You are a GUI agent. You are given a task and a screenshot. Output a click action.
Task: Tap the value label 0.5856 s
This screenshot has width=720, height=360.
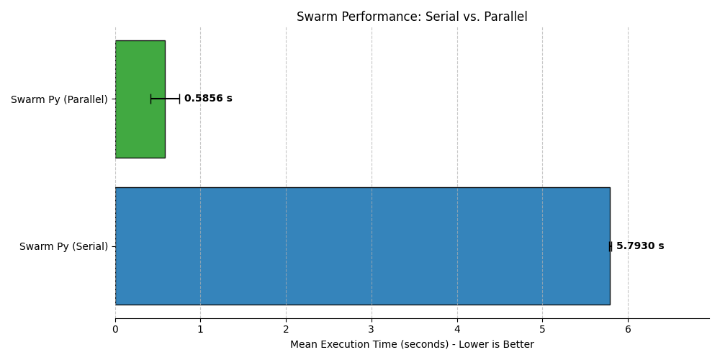(208, 99)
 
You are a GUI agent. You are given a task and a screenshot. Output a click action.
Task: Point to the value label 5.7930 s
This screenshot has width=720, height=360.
(640, 246)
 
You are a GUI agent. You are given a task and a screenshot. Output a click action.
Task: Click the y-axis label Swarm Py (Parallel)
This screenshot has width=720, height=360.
(59, 99)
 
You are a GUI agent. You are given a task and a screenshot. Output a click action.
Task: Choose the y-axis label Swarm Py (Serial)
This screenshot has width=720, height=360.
(63, 246)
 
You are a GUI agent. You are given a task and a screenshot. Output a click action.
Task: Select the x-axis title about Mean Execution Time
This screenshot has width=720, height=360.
(412, 345)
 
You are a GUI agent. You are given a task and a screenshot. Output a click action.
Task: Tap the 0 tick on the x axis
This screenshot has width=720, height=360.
(115, 330)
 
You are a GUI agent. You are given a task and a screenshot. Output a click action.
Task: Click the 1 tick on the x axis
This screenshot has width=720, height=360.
(200, 330)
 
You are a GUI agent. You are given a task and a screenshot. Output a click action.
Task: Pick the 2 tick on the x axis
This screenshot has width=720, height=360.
(286, 330)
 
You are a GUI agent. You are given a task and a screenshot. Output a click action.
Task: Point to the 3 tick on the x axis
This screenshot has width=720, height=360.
(372, 330)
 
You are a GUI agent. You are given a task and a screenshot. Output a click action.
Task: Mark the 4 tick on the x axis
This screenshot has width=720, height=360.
(457, 330)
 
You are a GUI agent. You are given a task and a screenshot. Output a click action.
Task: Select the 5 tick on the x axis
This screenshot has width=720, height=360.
(542, 330)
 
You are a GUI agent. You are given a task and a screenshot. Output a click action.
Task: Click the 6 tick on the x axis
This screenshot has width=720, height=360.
(628, 330)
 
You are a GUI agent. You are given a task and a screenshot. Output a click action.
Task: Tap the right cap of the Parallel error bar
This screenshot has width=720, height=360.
(179, 99)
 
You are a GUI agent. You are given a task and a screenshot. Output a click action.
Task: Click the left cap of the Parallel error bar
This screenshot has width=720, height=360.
(150, 99)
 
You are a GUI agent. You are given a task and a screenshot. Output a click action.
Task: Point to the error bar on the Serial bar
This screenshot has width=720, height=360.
(611, 246)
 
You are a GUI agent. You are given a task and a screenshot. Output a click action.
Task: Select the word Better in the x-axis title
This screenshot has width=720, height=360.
(517, 345)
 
